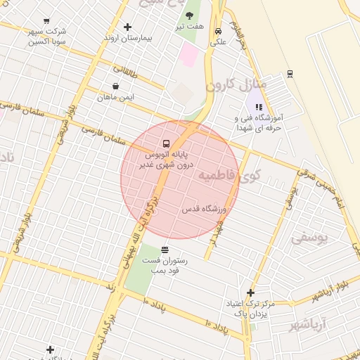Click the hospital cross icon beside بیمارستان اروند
tap(127, 27)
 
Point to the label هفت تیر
tap(190, 27)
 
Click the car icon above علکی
tap(219, 31)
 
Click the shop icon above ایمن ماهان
tap(115, 86)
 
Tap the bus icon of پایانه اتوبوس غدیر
tap(165, 141)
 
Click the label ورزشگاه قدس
tap(204, 210)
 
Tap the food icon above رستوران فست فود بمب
tap(165, 250)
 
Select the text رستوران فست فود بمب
tap(165, 265)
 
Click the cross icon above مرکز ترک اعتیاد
tap(250, 293)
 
